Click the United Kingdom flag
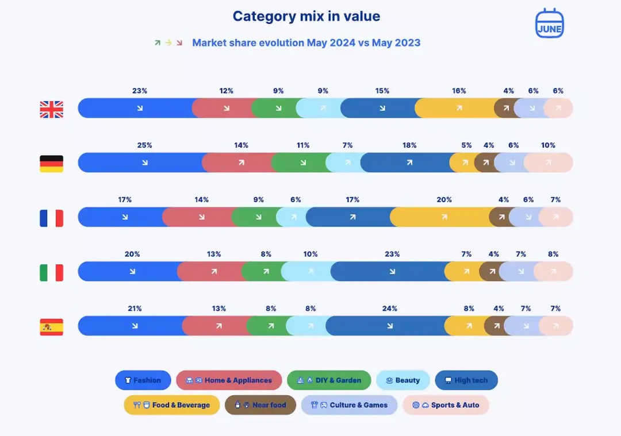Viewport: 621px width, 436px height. [x=52, y=109]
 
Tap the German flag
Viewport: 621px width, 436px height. [x=52, y=164]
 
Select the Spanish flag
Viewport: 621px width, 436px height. [x=52, y=327]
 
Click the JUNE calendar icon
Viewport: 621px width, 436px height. [x=550, y=24]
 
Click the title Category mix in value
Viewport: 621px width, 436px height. [x=306, y=16]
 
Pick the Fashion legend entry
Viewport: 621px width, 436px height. [x=143, y=380]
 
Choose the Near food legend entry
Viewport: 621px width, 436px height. [x=260, y=405]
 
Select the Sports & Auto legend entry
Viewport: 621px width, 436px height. [x=446, y=405]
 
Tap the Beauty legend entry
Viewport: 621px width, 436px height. [x=402, y=380]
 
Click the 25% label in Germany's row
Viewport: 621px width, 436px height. [x=144, y=145]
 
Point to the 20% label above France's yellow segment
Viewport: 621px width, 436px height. [x=444, y=200]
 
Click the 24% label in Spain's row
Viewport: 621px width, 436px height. [x=390, y=308]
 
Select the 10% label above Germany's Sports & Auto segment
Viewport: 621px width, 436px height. [x=548, y=145]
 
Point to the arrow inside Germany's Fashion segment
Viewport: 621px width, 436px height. [x=145, y=163]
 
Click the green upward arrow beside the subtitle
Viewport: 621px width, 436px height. [x=157, y=43]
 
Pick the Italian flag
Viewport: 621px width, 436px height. [x=52, y=273]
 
